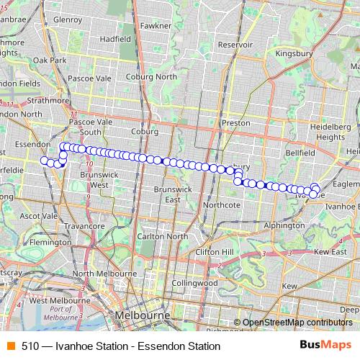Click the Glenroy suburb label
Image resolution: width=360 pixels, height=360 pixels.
pos(68,19)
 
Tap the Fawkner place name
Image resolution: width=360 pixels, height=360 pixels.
pos(156,25)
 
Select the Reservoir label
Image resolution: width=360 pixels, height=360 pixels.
pos(236,44)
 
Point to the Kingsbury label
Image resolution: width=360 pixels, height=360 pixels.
pos(295,53)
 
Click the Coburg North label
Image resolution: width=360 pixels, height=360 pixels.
pos(151,76)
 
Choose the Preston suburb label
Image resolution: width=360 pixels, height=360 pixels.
pos(235,123)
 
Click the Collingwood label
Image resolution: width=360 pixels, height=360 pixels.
pos(194,283)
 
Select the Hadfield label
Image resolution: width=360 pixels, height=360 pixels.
pos(114,38)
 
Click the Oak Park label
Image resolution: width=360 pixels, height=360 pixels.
pos(49,61)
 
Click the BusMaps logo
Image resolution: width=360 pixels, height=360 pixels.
pos(325,345)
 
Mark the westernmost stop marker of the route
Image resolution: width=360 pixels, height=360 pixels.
pos(44,160)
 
